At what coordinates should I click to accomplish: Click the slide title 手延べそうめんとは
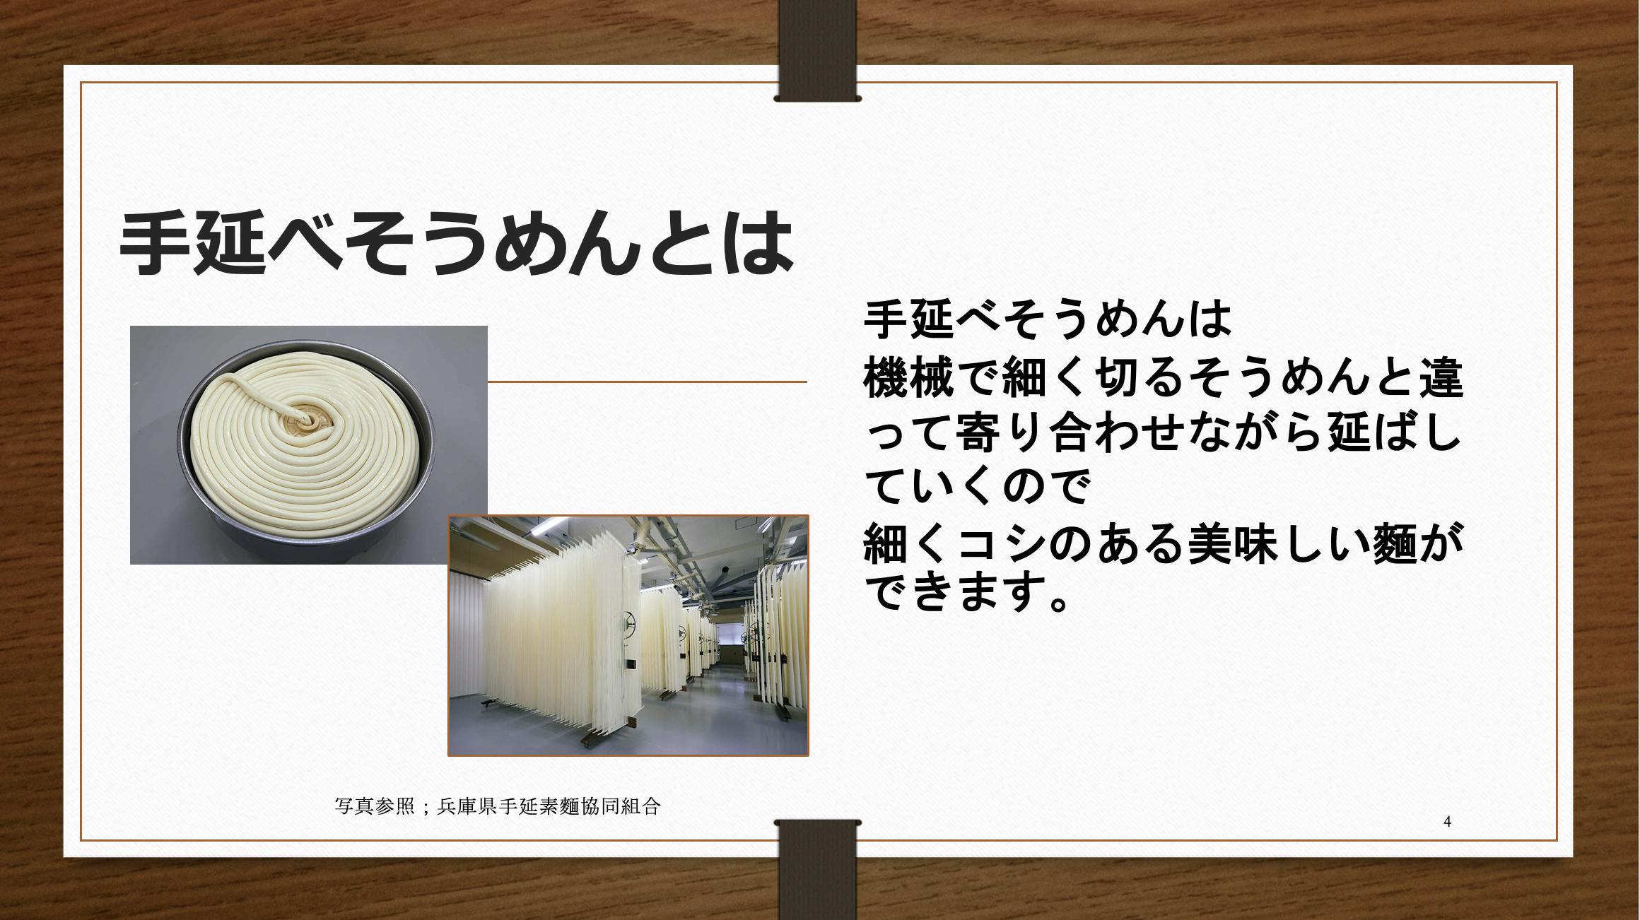pos(456,242)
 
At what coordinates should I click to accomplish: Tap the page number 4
pos(1447,821)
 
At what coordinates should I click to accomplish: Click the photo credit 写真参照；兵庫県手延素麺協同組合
pos(498,806)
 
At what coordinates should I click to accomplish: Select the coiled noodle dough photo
pos(309,444)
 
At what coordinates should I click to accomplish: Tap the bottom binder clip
pos(818,870)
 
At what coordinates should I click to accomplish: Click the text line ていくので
pos(976,487)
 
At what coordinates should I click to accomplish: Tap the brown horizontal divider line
pos(647,382)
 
